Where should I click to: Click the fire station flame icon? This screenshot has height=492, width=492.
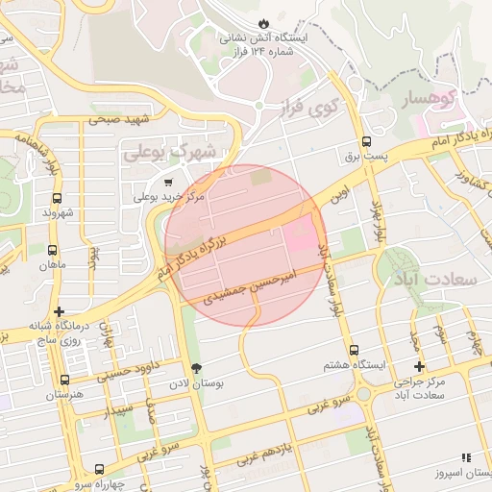(x=264, y=22)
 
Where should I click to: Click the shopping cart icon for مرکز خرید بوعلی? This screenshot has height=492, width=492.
(x=169, y=182)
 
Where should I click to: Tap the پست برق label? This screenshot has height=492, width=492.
(x=364, y=154)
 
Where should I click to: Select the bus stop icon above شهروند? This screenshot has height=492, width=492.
(x=58, y=197)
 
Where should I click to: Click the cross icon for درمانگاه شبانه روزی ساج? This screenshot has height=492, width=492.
(x=61, y=311)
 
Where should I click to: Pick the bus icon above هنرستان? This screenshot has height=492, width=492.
(x=64, y=380)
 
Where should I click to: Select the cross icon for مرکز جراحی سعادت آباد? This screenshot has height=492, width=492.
(x=419, y=366)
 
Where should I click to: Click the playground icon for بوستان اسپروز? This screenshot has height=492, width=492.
(x=466, y=458)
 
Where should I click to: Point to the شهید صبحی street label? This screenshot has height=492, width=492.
(x=120, y=119)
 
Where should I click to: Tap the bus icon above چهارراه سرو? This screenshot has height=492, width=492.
(x=99, y=469)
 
